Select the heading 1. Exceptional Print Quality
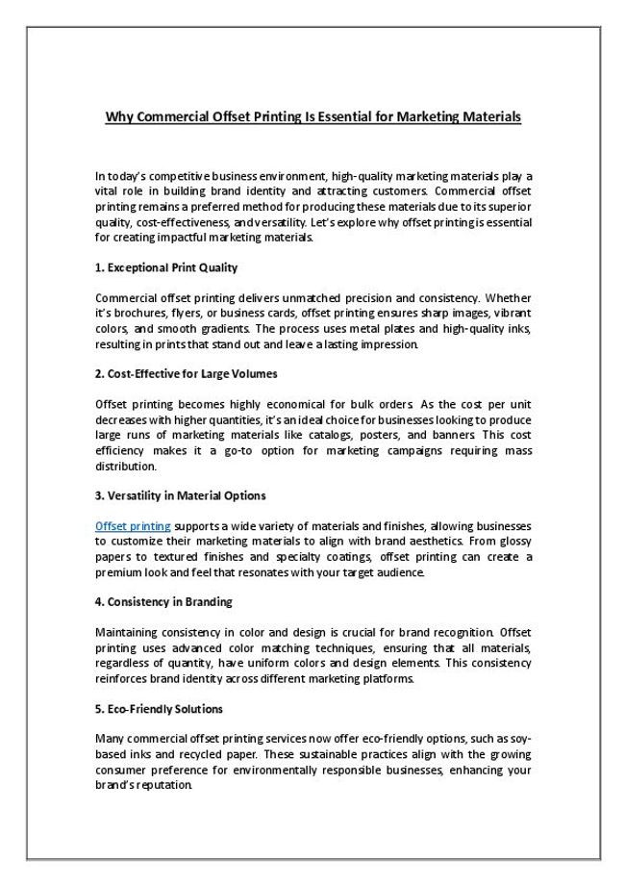pos(166,267)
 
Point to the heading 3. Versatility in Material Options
pos(181,495)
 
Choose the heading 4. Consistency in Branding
pos(163,602)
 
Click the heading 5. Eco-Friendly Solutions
pos(160,709)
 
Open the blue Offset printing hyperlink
pos(134,526)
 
